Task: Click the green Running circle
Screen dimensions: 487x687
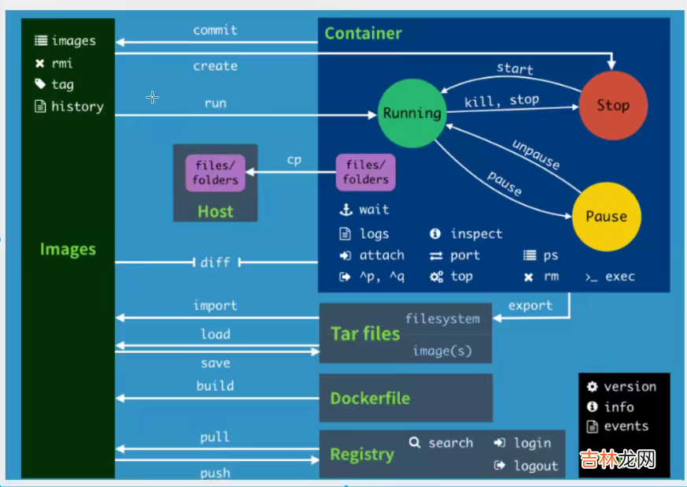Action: (412, 113)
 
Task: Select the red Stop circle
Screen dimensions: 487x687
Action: (612, 106)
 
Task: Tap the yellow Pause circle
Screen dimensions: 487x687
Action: (606, 217)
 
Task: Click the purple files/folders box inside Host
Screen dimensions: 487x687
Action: (215, 173)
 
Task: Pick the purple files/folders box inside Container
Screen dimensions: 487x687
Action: (366, 173)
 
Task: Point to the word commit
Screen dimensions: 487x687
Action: (215, 30)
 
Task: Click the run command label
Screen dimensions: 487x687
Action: (215, 103)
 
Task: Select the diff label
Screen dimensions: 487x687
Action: (215, 262)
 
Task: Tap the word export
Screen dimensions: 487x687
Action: (530, 306)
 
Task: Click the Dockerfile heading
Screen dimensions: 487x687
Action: (370, 398)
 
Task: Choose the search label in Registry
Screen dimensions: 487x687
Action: (450, 443)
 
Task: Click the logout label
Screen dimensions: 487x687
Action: (535, 466)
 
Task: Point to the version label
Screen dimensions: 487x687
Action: (630, 387)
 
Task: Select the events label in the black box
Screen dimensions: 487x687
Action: (626, 426)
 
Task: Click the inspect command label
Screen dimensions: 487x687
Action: (476, 234)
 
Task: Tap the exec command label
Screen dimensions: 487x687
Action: (620, 277)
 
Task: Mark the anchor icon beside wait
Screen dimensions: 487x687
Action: (345, 210)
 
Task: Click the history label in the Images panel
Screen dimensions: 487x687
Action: (77, 106)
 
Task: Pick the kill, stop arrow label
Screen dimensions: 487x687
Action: (501, 100)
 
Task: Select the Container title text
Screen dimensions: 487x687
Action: (363, 33)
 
